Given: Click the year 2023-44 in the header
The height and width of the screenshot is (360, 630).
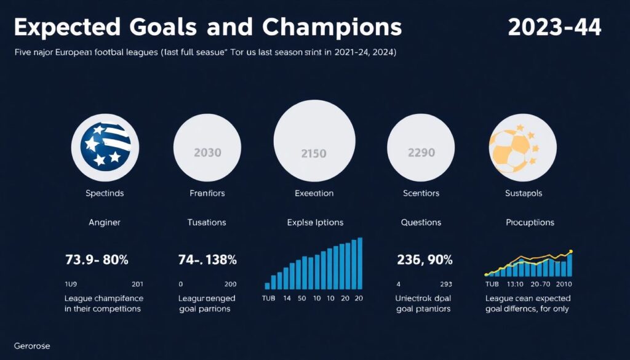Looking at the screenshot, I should coord(555,27).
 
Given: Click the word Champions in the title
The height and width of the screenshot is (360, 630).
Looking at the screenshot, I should coord(332,27).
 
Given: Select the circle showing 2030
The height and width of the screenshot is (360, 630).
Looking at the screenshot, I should coord(207,152).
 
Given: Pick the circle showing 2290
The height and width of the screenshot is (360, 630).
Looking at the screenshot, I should coord(421,151).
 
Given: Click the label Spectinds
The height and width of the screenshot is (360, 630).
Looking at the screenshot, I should coord(105,193).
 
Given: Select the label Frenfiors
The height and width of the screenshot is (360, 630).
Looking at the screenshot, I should coord(207,193).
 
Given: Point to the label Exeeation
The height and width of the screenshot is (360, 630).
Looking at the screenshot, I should coord(314,193).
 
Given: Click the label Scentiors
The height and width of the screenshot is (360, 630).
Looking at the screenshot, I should coord(421,193).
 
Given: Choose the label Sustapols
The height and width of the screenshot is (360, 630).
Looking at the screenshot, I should coord(523,193).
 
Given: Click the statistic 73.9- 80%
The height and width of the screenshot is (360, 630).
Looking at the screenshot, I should coord(97,260).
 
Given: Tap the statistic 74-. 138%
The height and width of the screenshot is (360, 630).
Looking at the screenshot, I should coord(207,260).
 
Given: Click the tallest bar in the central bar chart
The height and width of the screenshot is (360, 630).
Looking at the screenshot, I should coord(360,263).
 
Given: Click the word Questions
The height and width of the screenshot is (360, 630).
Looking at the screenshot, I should coord(421,222).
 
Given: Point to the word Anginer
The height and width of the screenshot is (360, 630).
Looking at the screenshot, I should coord(105,222).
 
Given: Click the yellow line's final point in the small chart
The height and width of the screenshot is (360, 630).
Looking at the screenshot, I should coord(572,252).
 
